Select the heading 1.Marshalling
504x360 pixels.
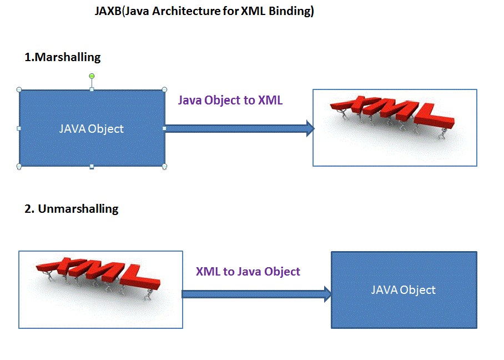pyautogui.click(x=62, y=57)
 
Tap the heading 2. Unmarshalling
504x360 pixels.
pyautogui.click(x=72, y=209)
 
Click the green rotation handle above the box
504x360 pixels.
pyautogui.click(x=92, y=76)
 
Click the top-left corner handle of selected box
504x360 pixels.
pyautogui.click(x=19, y=89)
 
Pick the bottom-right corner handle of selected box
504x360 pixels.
pyautogui.click(x=164, y=166)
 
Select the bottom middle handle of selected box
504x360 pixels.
pyautogui.click(x=92, y=166)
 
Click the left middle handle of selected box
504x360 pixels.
pyautogui.click(x=19, y=128)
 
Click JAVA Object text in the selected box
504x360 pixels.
pyautogui.click(x=92, y=129)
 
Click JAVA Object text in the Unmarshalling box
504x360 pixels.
pyautogui.click(x=403, y=290)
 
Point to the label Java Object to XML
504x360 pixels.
pyautogui.click(x=230, y=101)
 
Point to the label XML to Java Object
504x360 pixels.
pyautogui.click(x=248, y=272)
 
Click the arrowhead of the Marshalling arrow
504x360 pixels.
pyautogui.click(x=310, y=129)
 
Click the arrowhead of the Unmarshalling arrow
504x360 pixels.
pyautogui.click(x=327, y=294)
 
